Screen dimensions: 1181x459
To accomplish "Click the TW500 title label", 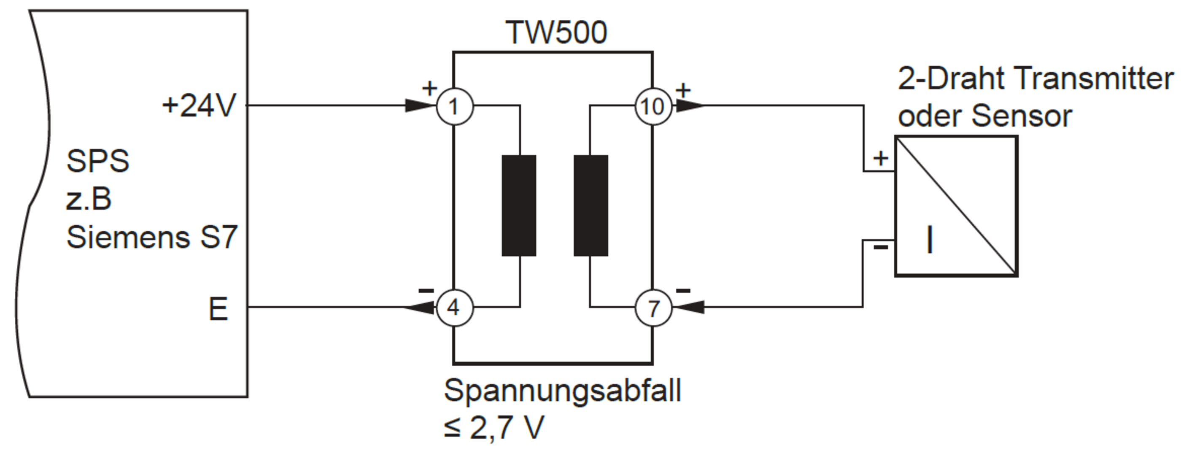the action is [x=556, y=32].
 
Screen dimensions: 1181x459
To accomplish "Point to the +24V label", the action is [x=199, y=105].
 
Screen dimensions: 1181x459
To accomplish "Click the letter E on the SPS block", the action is [x=218, y=309].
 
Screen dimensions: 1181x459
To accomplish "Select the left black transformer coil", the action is [x=519, y=205].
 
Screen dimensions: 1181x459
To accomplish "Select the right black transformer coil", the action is [x=591, y=205].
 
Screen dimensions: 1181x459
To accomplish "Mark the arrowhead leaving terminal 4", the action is [x=419, y=307].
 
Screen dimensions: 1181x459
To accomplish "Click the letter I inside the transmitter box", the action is [x=930, y=239].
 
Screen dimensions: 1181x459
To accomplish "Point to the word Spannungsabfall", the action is [x=563, y=391].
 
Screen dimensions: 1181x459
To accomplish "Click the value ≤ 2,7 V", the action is [x=494, y=428].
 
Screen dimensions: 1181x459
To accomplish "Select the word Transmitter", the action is [x=1095, y=78].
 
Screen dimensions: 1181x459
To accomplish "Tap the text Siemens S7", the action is [x=152, y=237].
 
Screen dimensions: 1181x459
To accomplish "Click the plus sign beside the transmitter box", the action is [x=881, y=158].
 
